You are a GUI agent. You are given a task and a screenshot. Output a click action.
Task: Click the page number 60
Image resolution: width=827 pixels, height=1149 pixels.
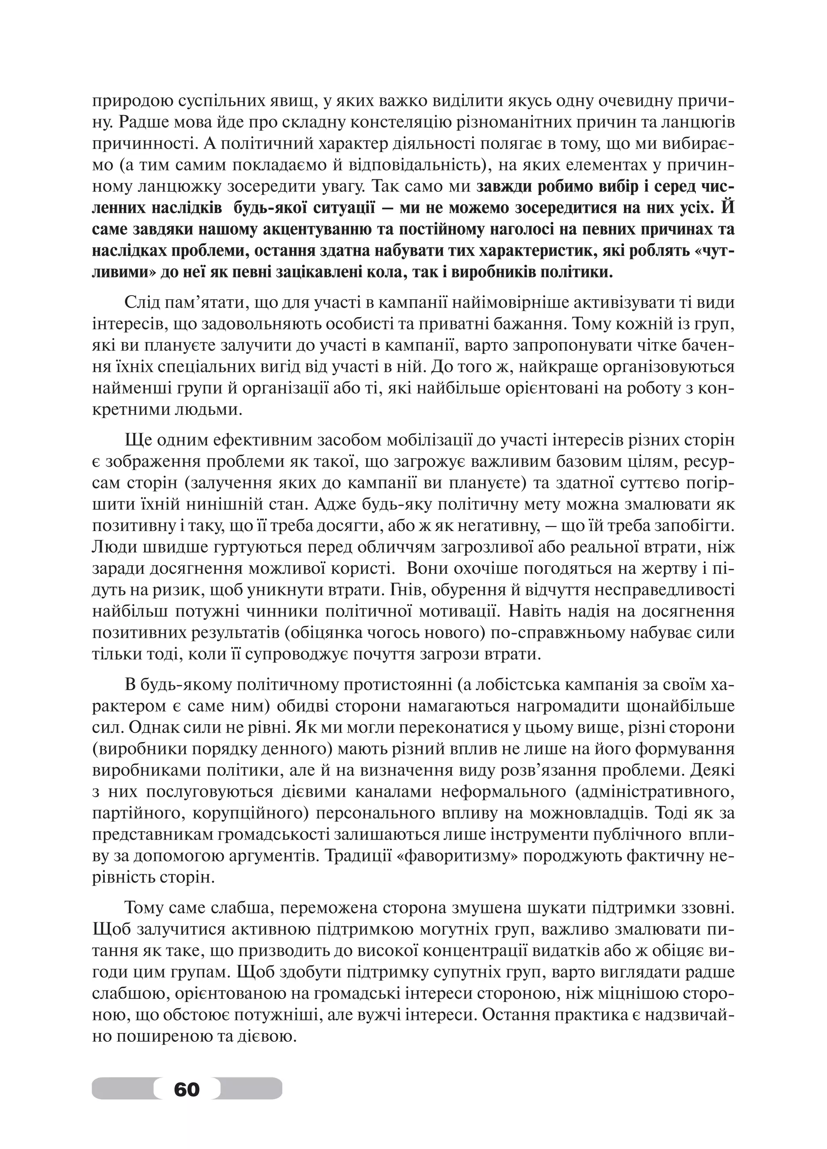tap(187, 1089)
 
